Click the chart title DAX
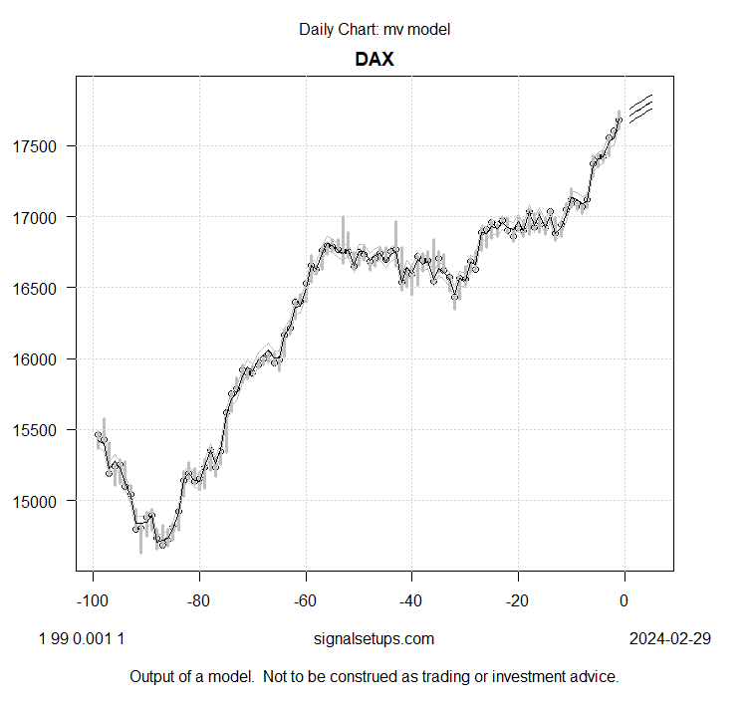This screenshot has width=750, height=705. coord(375,59)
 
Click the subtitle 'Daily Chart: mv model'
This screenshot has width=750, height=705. coord(375,29)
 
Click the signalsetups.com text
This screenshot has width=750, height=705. coord(375,638)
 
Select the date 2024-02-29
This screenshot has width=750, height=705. coord(669,638)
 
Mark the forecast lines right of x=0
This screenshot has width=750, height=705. coord(640,109)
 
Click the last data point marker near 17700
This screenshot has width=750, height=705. coord(619,120)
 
